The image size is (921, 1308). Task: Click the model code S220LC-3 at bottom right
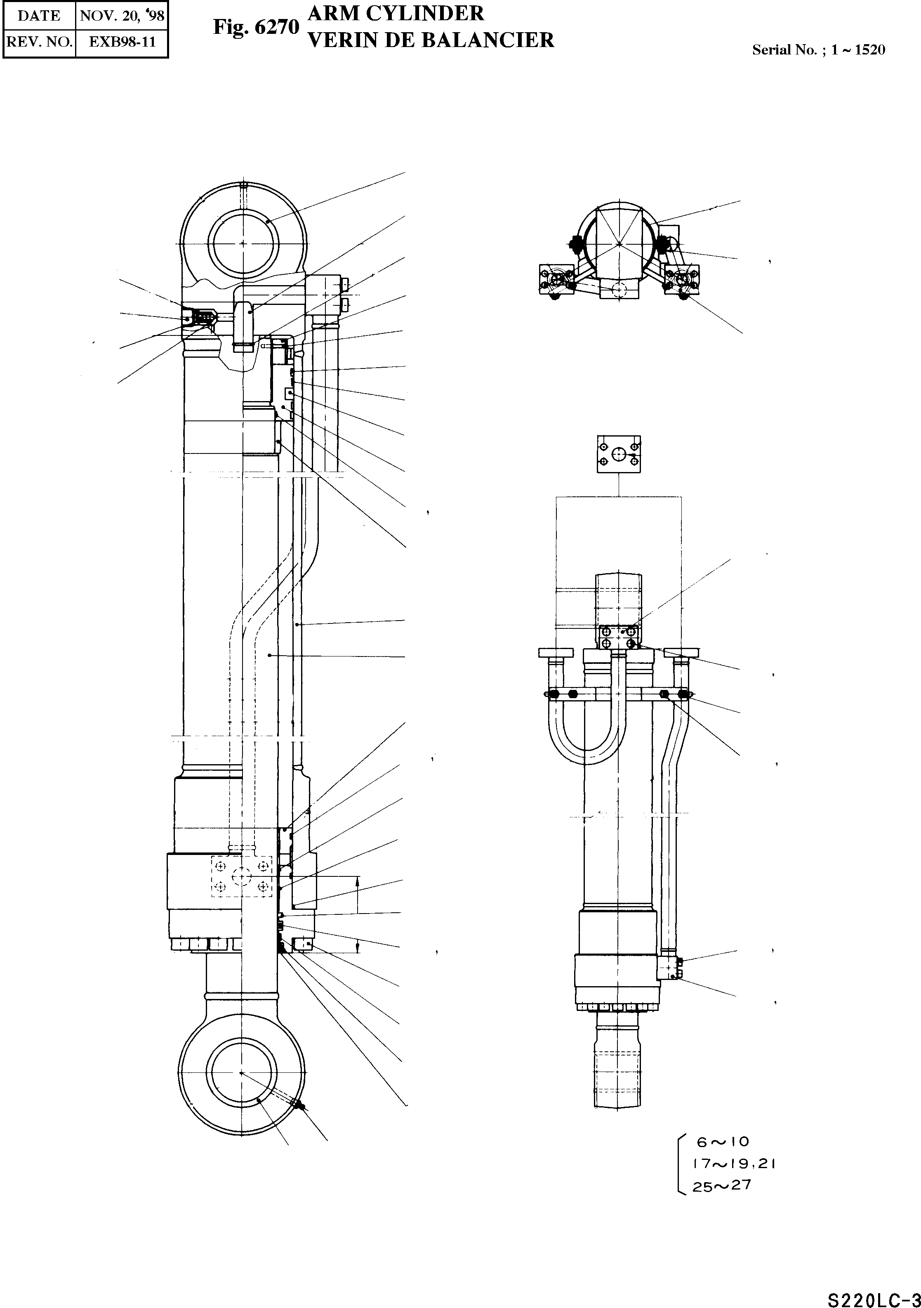click(x=873, y=1296)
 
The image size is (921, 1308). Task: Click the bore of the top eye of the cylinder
click(x=243, y=243)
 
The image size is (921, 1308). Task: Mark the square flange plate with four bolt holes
click(x=619, y=454)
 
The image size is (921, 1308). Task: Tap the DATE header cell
click(x=39, y=15)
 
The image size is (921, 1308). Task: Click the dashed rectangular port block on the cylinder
click(x=242, y=876)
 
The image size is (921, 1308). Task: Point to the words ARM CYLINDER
click(x=396, y=14)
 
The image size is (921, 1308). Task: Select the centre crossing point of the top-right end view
click(x=619, y=244)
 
